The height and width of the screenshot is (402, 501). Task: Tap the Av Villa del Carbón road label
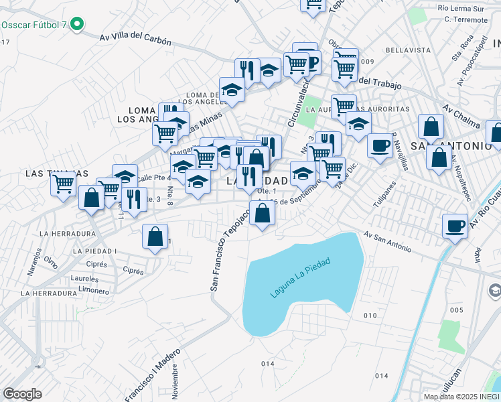click(x=135, y=40)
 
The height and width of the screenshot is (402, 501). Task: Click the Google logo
click(x=22, y=394)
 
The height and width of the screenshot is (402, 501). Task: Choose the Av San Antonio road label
click(x=388, y=242)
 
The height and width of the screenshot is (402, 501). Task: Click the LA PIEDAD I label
click(x=97, y=251)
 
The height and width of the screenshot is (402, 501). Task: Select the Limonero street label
click(x=93, y=291)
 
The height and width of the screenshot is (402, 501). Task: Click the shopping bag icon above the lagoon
click(x=263, y=214)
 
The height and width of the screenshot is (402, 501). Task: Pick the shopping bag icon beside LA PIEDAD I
click(x=155, y=237)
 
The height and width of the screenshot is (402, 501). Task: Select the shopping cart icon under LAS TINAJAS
click(x=64, y=183)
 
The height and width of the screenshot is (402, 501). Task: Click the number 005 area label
click(x=456, y=310)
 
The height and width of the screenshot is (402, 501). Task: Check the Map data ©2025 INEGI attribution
click(x=461, y=396)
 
